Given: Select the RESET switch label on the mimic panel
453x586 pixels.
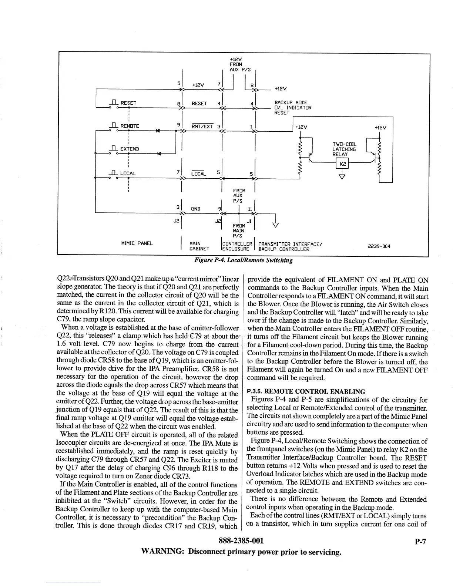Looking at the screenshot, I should [x=128, y=103].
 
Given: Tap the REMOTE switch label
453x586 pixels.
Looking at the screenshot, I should [x=130, y=126].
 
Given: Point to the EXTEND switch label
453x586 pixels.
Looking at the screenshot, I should [x=130, y=149].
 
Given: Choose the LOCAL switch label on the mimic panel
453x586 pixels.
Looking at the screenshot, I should [x=128, y=173].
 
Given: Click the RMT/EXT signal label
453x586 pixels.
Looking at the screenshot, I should [x=202, y=126].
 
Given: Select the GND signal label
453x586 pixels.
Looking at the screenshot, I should [x=195, y=209].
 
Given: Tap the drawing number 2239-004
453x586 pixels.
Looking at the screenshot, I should [x=379, y=246].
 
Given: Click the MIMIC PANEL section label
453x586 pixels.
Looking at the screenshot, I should [x=137, y=243].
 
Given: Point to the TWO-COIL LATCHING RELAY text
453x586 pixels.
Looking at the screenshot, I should [x=344, y=149].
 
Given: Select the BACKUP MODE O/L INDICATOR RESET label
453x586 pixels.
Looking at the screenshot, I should [x=292, y=108].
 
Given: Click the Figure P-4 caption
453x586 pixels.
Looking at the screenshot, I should [x=244, y=260].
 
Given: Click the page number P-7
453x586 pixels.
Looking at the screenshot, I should [x=420, y=542].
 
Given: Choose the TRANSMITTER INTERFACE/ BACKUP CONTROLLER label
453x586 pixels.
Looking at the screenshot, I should [x=291, y=246].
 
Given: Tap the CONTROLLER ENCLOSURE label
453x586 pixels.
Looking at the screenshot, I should [x=237, y=246].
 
